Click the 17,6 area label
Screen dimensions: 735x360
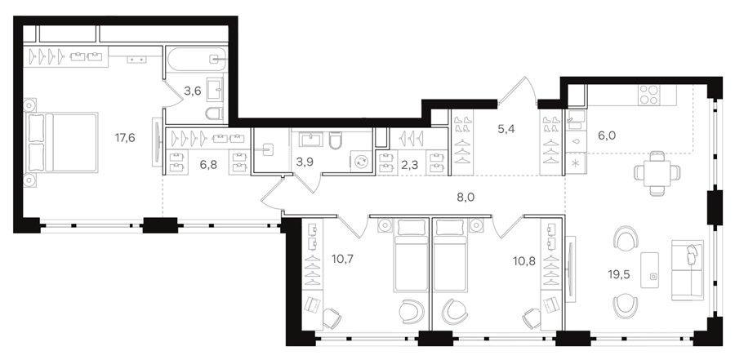(x=125, y=137)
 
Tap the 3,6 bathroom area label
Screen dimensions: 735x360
(x=192, y=91)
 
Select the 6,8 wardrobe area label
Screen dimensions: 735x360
(x=208, y=165)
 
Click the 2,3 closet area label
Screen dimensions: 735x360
(x=410, y=165)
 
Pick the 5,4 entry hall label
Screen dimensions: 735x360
(x=506, y=129)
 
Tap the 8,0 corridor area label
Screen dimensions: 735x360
(x=466, y=198)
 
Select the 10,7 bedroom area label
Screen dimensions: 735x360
(x=343, y=258)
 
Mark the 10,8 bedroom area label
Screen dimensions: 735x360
(x=523, y=258)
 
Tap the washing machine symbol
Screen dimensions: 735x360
(x=362, y=162)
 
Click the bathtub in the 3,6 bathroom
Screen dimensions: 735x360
(x=196, y=59)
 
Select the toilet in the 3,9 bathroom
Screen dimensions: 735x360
(x=335, y=140)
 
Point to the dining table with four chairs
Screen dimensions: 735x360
(x=657, y=173)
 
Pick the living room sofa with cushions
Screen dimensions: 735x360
(x=688, y=269)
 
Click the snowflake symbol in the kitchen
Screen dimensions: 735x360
(x=576, y=164)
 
